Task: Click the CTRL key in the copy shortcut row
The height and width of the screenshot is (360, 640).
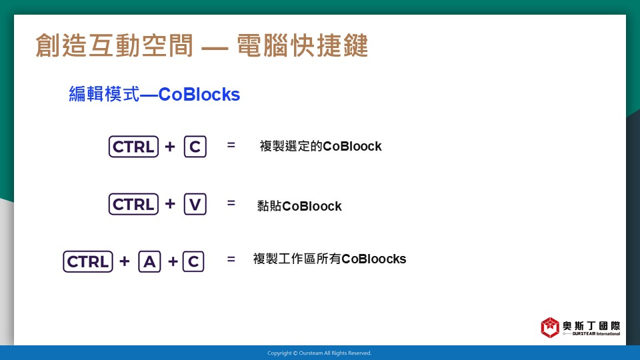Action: [133, 147]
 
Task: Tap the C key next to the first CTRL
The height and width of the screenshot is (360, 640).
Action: [195, 147]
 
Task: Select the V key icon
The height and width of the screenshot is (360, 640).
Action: [195, 204]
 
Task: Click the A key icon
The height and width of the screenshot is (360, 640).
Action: [149, 261]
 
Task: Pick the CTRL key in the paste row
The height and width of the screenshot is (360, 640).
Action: [133, 204]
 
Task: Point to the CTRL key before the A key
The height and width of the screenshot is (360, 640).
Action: [88, 261]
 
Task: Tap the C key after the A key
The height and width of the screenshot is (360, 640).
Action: [193, 261]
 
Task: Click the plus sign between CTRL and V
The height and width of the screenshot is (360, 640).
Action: [170, 204]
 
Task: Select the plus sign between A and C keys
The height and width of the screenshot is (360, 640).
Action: [173, 261]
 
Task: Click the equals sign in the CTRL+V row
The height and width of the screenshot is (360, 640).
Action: [231, 203]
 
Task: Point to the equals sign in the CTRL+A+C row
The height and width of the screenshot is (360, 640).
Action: [231, 259]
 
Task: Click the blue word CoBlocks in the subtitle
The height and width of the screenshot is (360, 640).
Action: [199, 94]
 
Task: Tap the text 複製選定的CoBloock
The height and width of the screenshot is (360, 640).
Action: [321, 146]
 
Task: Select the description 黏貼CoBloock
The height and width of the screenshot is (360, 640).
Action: [299, 206]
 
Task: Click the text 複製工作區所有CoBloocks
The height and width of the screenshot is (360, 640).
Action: [329, 259]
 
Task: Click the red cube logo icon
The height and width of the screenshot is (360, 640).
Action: [550, 327]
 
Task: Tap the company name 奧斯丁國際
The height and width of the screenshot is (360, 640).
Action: [591, 326]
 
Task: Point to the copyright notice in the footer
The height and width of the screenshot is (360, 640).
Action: [319, 353]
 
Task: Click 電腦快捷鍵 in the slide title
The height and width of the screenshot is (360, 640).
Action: [303, 45]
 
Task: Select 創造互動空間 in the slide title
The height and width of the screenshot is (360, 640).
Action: [114, 45]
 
